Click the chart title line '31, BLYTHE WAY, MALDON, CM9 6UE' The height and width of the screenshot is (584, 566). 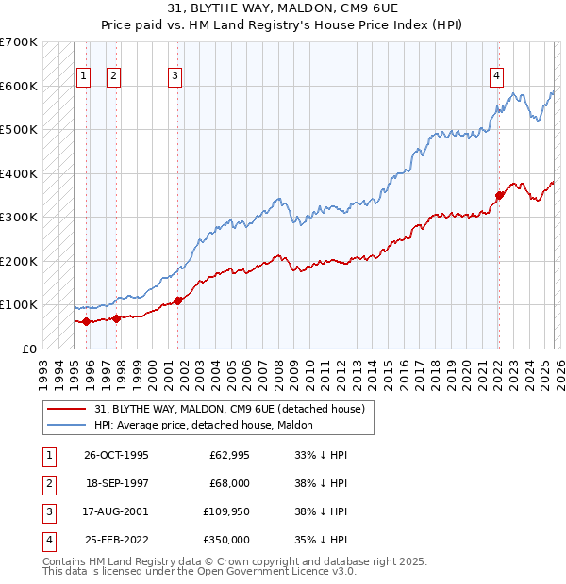coord(282,8)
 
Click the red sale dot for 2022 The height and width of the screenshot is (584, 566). coord(499,196)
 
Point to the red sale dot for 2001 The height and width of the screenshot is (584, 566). coord(178,300)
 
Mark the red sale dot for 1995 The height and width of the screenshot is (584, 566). coord(87,321)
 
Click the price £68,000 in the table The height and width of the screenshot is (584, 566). coord(229,483)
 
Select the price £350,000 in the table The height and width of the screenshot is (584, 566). coord(226,540)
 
